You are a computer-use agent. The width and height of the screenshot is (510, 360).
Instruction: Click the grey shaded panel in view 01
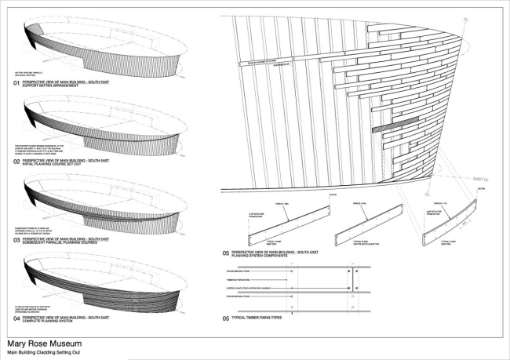click(x=36, y=35)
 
